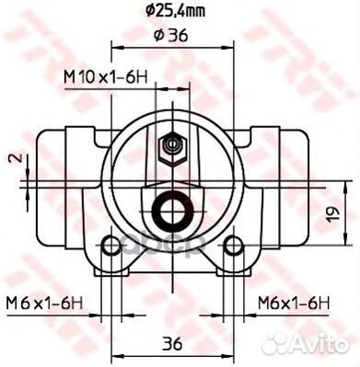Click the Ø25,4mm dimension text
175,12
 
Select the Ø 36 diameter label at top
170,36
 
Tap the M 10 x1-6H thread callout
106,77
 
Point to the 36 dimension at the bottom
172,344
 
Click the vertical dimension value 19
333,212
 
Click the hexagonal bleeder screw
172,150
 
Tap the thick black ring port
172,211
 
